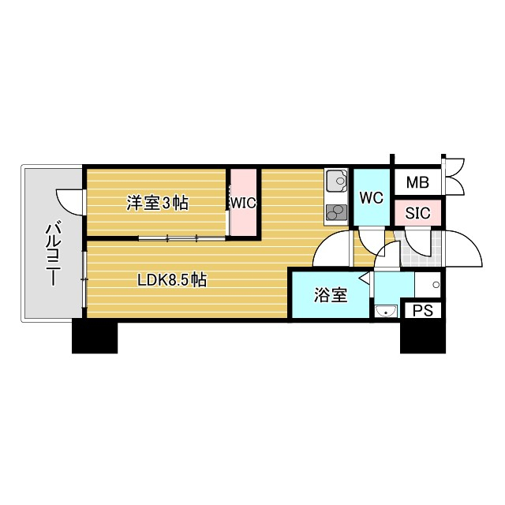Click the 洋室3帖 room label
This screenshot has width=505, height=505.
coord(158,203)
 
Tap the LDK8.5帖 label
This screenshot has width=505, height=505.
coord(172,279)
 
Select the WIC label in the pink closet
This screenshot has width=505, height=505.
coord(244,203)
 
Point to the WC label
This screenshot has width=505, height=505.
coord(371,197)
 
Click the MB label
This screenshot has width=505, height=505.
coord(417,183)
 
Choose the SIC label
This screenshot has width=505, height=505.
coord(417,212)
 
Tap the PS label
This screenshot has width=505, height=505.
coord(422,310)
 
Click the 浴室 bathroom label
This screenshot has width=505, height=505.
coord(331,295)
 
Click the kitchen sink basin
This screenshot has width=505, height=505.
coord(335,181)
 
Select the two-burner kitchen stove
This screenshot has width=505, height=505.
coord(336,211)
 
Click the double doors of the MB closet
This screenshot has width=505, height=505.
coord(455,178)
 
